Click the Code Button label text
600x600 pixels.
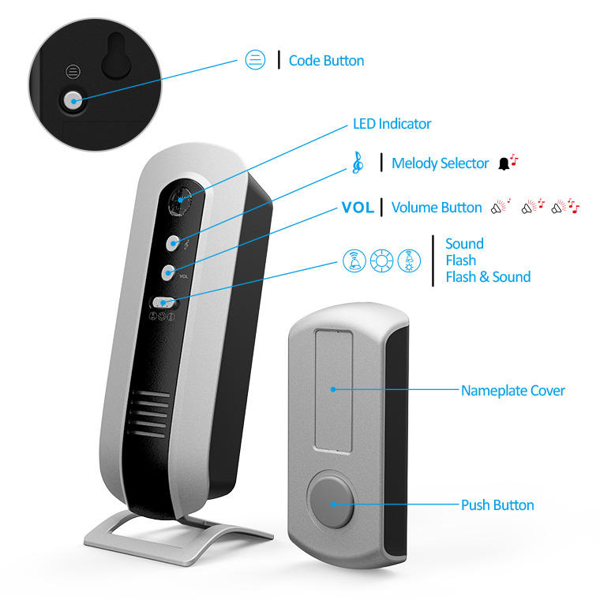pos(326,61)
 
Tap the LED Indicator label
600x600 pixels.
pos(392,124)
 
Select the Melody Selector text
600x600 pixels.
pos(441,163)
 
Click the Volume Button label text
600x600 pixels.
pos(437,208)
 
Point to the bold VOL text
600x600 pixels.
pos(358,208)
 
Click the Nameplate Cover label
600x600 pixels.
pos(513,390)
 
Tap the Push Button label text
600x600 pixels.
pos(497,505)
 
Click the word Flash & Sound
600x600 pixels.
pos(488,277)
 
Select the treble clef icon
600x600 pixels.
pos(358,163)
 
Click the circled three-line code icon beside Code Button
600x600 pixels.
pos(255,60)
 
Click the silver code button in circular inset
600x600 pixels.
pos(73,99)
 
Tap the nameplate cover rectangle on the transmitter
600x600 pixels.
pos(332,390)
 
